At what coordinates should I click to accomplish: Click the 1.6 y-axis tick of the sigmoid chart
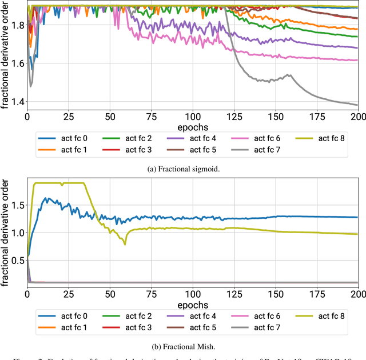(14, 63)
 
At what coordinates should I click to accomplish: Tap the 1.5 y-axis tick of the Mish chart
(14, 205)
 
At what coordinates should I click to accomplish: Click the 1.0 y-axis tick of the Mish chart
(14, 233)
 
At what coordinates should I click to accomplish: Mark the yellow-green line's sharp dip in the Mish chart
(125, 244)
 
